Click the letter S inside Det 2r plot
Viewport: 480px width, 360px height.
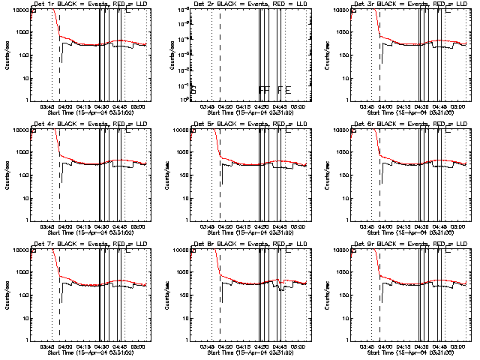point(193,90)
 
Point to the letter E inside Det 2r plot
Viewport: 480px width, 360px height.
point(287,90)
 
